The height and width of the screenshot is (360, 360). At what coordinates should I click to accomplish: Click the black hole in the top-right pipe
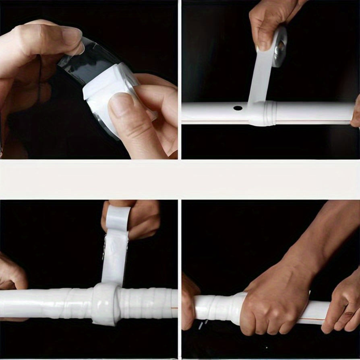pos(238,108)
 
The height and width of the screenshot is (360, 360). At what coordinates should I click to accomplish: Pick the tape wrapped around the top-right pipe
pos(262,114)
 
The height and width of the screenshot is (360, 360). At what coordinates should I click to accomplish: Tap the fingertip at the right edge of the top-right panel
pos(356,115)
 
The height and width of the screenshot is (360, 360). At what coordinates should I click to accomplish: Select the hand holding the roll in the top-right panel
pos(266,20)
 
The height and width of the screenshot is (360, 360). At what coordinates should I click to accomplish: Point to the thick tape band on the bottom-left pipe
pos(106,304)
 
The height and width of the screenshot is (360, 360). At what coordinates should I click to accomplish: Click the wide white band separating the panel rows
pos(180,179)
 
